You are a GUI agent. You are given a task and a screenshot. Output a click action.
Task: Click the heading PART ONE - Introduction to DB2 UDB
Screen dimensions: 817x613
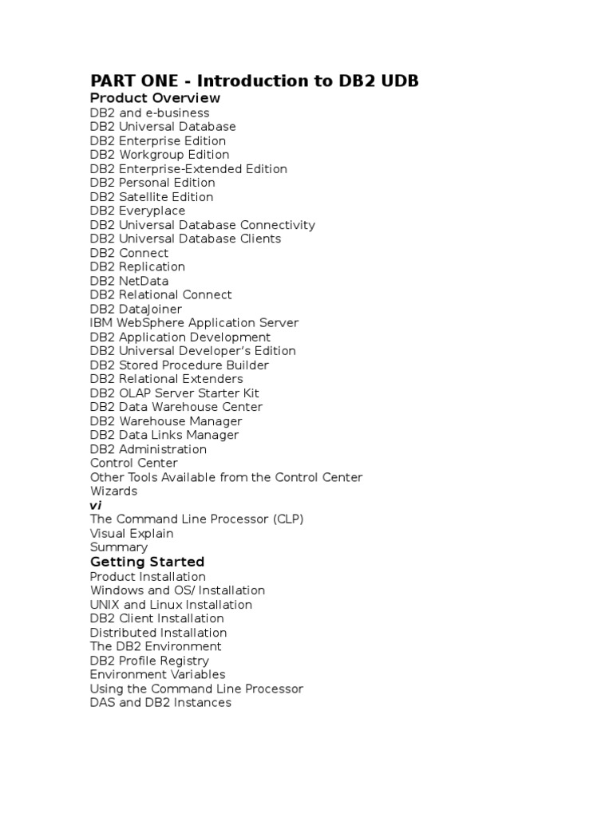254,81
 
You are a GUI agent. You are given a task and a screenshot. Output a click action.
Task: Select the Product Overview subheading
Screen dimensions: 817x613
155,98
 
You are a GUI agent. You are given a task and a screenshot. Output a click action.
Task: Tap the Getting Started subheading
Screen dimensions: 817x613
147,562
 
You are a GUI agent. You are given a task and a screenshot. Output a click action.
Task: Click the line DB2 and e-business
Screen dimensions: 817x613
149,112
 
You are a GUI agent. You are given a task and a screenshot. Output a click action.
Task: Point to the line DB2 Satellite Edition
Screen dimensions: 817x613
152,197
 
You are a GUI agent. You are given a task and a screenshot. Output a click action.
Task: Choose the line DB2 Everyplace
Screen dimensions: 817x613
137,211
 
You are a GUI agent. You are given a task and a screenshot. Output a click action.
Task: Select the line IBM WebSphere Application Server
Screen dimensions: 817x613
194,323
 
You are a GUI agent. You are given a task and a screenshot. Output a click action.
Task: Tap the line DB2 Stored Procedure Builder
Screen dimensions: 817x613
180,365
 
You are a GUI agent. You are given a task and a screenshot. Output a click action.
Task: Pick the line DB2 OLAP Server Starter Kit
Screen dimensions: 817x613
174,393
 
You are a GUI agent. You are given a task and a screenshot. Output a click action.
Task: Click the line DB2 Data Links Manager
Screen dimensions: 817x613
164,435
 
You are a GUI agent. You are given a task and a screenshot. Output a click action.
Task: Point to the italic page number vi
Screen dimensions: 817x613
95,505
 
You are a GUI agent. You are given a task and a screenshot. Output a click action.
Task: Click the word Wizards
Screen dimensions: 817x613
113,491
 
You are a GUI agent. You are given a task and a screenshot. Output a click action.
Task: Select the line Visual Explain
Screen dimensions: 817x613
132,533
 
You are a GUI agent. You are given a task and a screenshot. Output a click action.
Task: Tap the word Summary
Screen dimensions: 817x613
118,547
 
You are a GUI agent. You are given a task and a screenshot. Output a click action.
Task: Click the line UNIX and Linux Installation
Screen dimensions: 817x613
171,605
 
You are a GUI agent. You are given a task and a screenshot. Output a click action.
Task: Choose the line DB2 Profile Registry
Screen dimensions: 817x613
149,661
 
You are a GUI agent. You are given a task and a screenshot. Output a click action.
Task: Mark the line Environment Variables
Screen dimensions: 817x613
157,675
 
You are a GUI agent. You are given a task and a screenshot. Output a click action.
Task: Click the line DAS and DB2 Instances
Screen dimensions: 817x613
160,703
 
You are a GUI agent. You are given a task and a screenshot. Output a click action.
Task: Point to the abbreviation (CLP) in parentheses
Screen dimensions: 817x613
288,519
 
